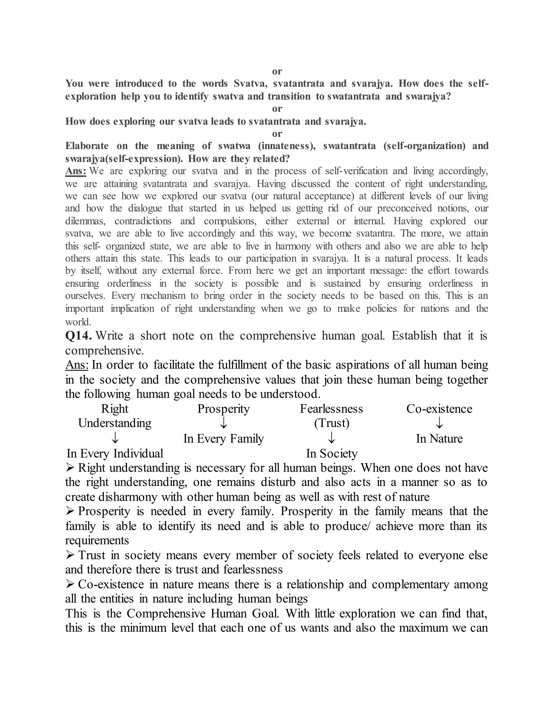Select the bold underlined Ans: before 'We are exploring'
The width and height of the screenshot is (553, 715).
pyautogui.click(x=76, y=171)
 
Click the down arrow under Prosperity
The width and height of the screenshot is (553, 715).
pyautogui.click(x=223, y=423)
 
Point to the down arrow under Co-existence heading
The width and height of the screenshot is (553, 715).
pyautogui.click(x=439, y=423)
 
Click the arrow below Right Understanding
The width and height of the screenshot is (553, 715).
pyautogui.click(x=115, y=438)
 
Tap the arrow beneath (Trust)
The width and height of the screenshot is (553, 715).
pyautogui.click(x=332, y=438)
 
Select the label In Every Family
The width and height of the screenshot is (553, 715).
pyautogui.click(x=223, y=438)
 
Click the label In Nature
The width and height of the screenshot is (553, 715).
pyautogui.click(x=439, y=438)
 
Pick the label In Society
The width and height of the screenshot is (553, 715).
pyautogui.click(x=332, y=454)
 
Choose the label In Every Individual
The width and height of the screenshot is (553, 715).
pyautogui.click(x=115, y=454)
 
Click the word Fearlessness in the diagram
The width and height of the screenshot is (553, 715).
pyautogui.click(x=332, y=408)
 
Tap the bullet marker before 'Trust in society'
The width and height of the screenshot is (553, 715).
pyautogui.click(x=70, y=555)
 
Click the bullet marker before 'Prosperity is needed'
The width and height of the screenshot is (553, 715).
pyautogui.click(x=70, y=511)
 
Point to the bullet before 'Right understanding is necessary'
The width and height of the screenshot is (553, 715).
pyautogui.click(x=70, y=468)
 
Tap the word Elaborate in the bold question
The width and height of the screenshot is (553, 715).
pyautogui.click(x=87, y=146)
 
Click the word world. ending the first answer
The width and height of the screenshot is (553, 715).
pyautogui.click(x=78, y=322)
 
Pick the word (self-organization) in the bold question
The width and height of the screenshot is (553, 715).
pyautogui.click(x=424, y=146)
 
